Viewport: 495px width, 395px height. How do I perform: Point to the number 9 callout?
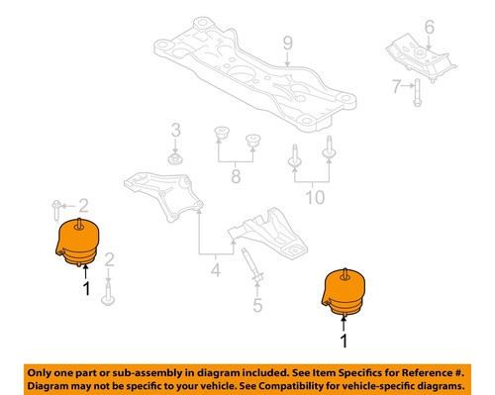(287, 43)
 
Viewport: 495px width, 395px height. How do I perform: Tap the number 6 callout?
(429, 27)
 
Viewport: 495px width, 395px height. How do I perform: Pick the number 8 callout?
(235, 177)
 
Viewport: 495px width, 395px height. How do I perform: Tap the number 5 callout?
(257, 306)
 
